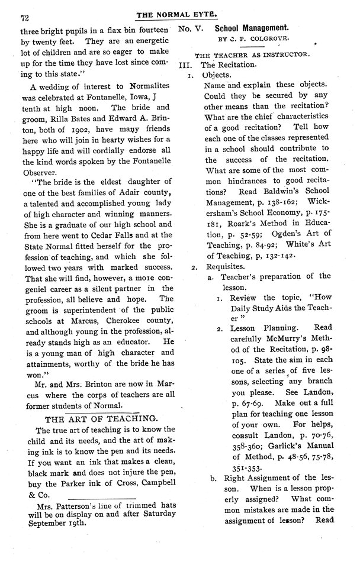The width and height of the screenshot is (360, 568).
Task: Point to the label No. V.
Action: click(192, 28)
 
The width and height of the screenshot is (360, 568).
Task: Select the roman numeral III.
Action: click(185, 65)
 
